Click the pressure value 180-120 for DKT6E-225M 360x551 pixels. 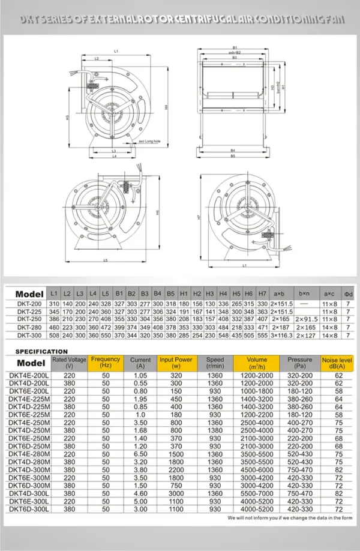click(x=299, y=415)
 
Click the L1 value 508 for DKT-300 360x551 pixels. click(x=54, y=336)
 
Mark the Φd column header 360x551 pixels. click(x=347, y=294)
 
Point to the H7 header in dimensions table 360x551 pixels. click(x=262, y=294)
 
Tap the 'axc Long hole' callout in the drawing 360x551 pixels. click(x=150, y=142)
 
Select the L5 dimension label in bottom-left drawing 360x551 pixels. click(x=106, y=260)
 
